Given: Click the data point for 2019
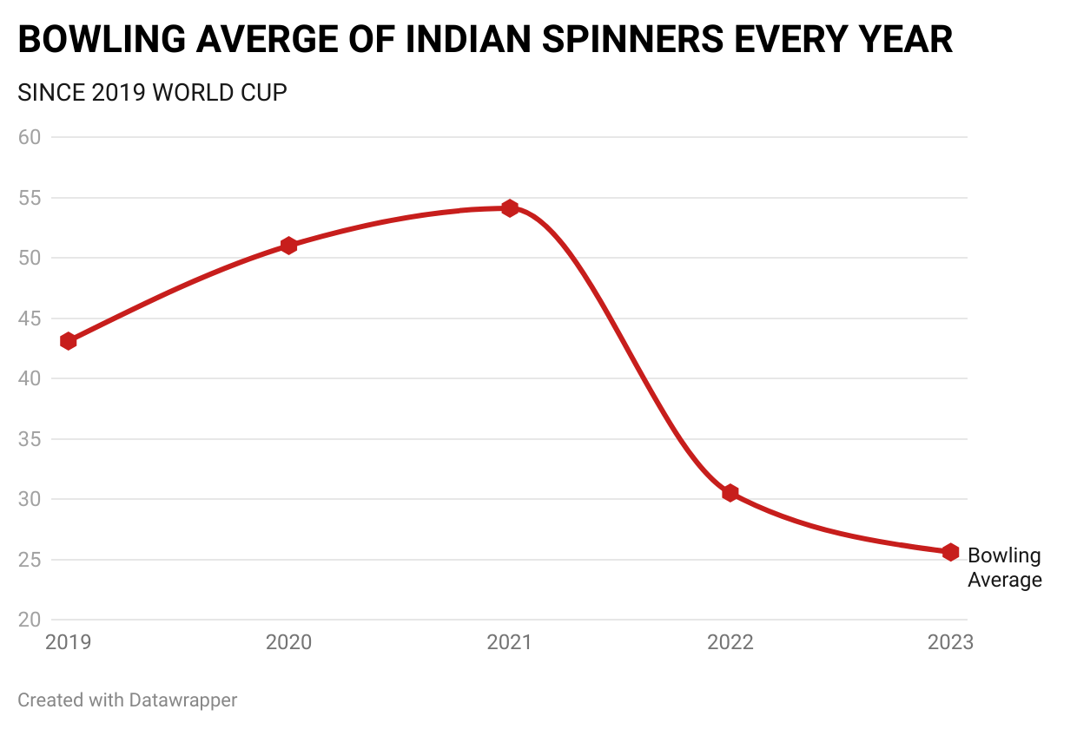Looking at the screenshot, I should click(x=69, y=341).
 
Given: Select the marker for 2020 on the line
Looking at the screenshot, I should click(x=289, y=246).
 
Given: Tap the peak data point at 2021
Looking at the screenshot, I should click(x=510, y=208).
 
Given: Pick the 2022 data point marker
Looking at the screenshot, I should click(x=730, y=493).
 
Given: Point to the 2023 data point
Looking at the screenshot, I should click(x=950, y=552).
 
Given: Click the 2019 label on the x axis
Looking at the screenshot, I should click(x=69, y=643).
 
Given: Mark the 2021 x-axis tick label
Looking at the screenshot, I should click(x=510, y=643).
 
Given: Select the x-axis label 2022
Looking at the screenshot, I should click(x=730, y=643).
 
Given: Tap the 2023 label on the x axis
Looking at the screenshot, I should click(x=950, y=643).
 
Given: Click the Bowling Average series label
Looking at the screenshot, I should click(x=1004, y=568).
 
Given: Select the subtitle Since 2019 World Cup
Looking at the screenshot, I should click(x=152, y=92).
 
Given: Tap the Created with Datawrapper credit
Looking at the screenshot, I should click(x=127, y=699).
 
